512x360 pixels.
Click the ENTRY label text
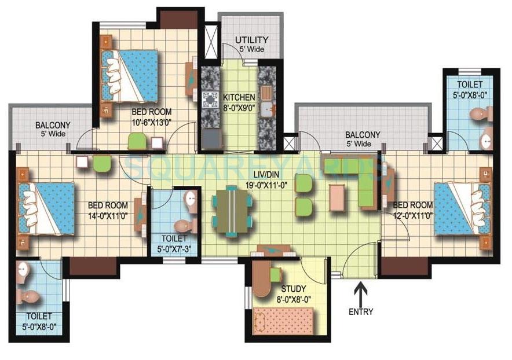361,311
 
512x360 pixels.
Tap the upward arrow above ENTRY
361,291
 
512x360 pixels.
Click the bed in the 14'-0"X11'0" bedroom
46,208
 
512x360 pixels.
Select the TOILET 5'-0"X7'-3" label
174,243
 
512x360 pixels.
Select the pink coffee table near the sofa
338,198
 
